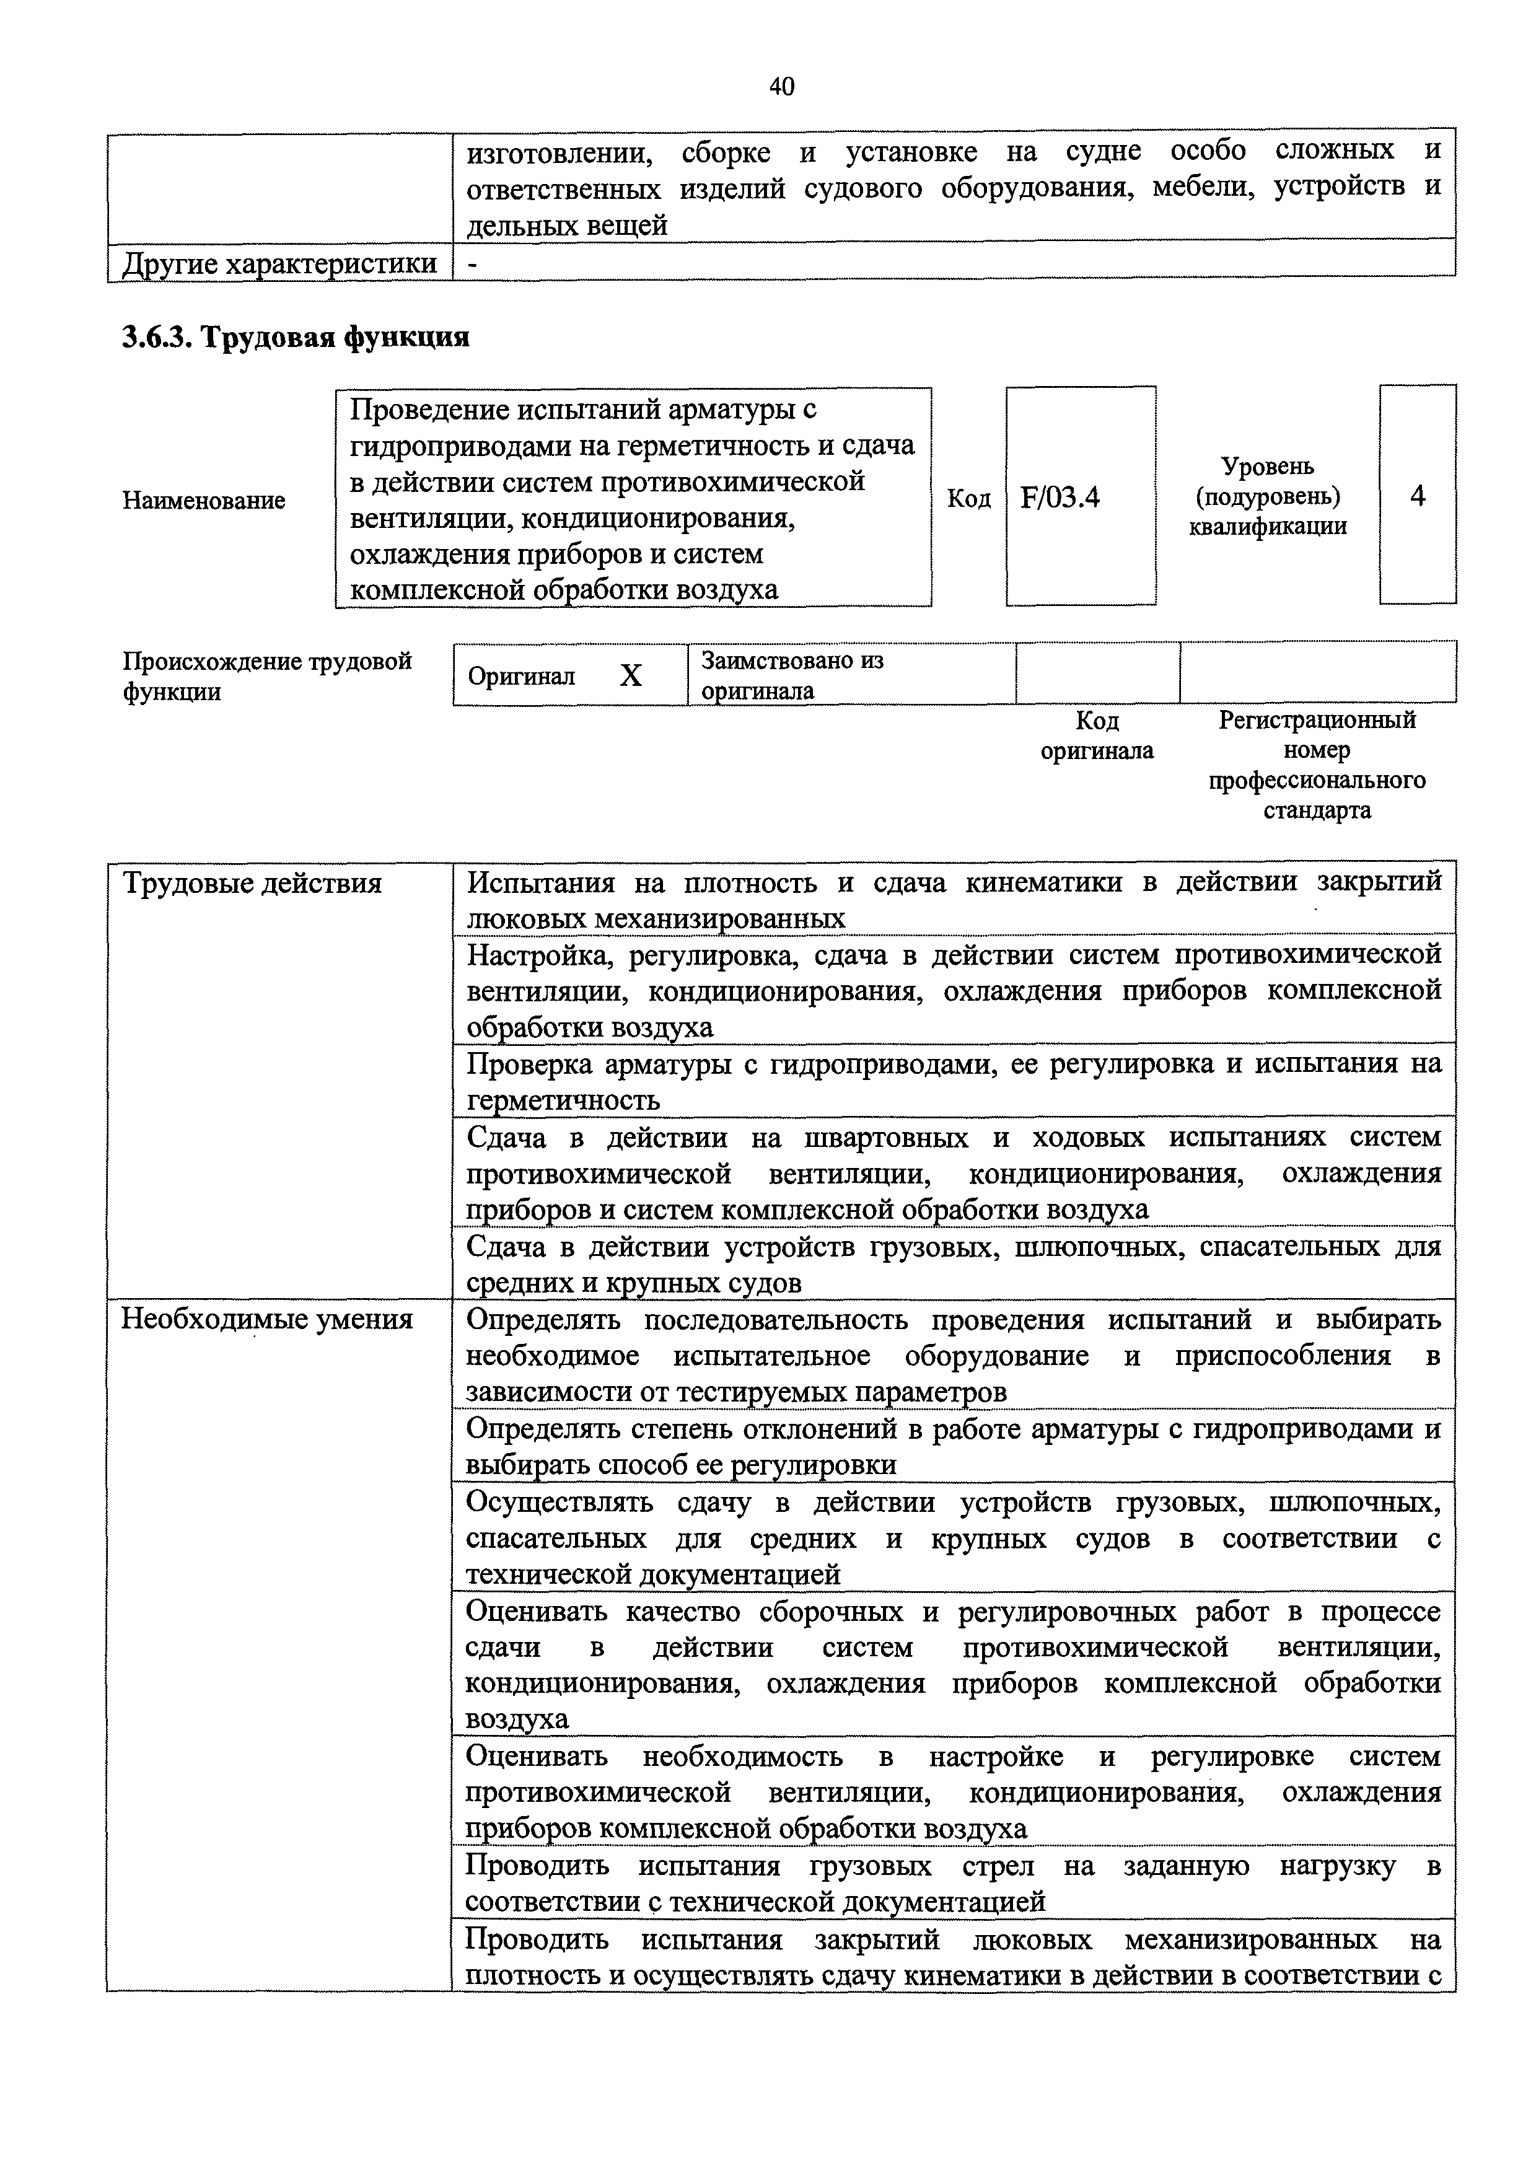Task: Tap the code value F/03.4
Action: pos(1060,497)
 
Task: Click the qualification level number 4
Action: pos(1417,496)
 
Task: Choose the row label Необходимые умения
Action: pos(267,1319)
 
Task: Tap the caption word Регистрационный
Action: pos(1317,719)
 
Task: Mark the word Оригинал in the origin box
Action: pos(522,676)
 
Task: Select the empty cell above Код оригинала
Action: pos(1097,673)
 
